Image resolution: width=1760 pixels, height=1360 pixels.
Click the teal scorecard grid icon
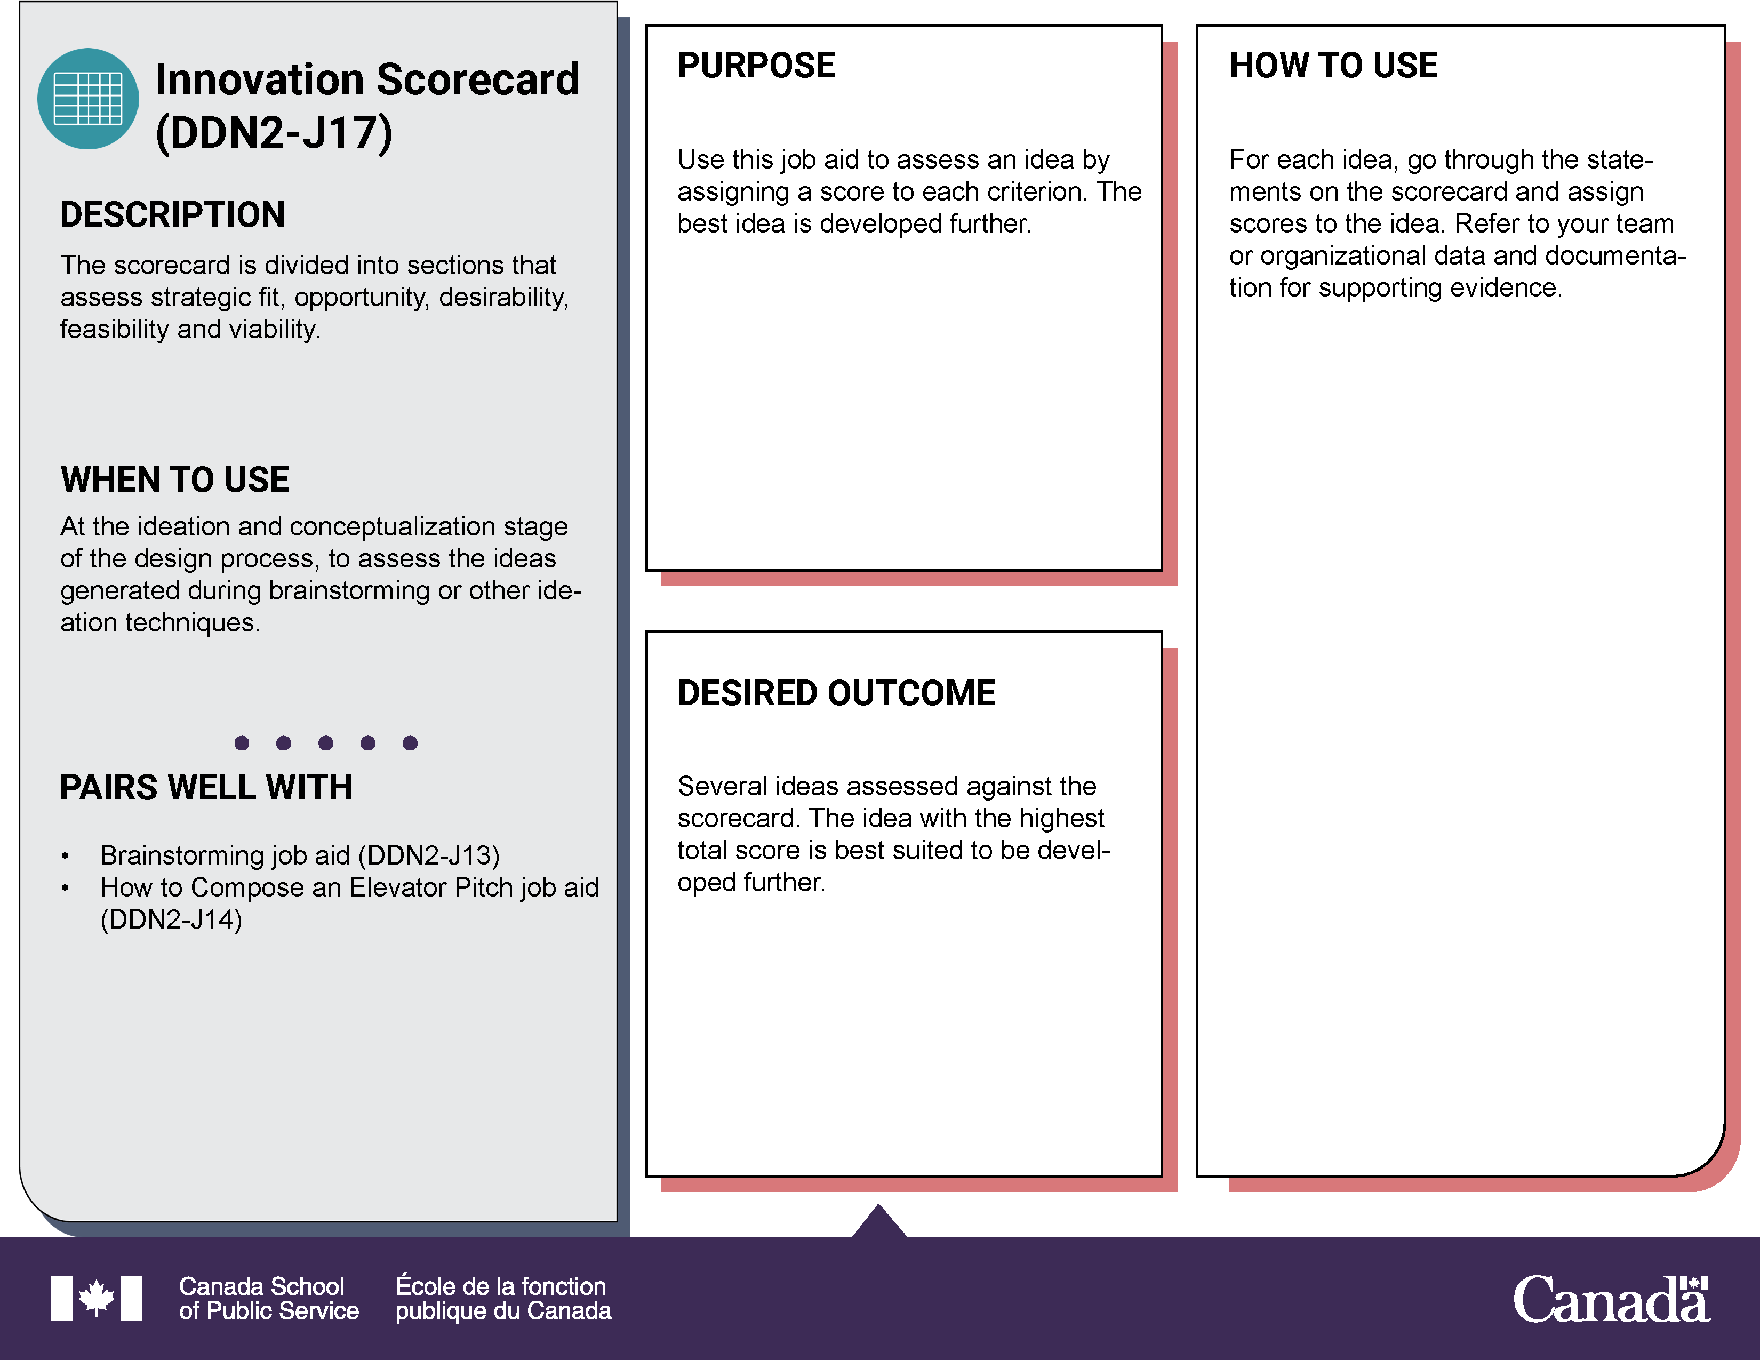click(x=88, y=98)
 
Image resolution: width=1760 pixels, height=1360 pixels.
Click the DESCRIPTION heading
click(x=172, y=214)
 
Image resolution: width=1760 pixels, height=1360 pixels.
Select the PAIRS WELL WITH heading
click(x=206, y=787)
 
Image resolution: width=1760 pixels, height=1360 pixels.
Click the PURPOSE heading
click(x=756, y=65)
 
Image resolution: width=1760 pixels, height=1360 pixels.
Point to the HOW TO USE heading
click(x=1333, y=65)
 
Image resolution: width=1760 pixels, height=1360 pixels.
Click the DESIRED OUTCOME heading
click(x=836, y=693)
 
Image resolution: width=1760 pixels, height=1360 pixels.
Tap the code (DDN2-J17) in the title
click(x=274, y=133)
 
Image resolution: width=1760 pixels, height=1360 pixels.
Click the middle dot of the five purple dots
click(x=325, y=743)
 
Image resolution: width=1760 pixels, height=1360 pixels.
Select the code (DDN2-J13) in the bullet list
click(x=429, y=855)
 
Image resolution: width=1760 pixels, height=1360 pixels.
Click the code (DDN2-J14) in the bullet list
click(x=171, y=919)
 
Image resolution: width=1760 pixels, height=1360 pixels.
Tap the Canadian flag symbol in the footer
click(x=96, y=1298)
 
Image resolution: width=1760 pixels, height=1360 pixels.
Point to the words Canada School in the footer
click(x=261, y=1286)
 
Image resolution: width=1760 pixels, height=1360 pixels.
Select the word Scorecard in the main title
click(x=477, y=80)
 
